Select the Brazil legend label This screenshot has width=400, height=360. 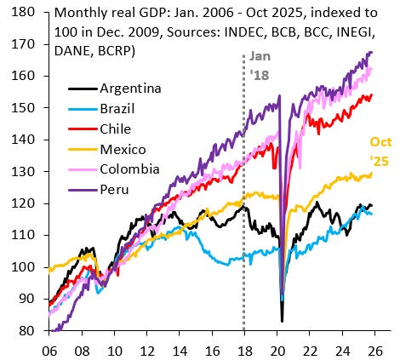click(x=120, y=108)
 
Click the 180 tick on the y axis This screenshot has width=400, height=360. click(x=26, y=12)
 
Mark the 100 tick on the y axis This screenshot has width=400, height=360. click(x=26, y=267)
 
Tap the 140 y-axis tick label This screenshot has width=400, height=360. click(x=26, y=140)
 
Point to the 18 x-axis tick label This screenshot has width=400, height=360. click(x=244, y=348)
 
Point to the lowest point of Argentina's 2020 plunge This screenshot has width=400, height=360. click(x=283, y=321)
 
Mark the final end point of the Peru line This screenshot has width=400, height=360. click(x=372, y=52)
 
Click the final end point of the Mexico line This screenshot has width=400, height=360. click(x=372, y=174)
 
